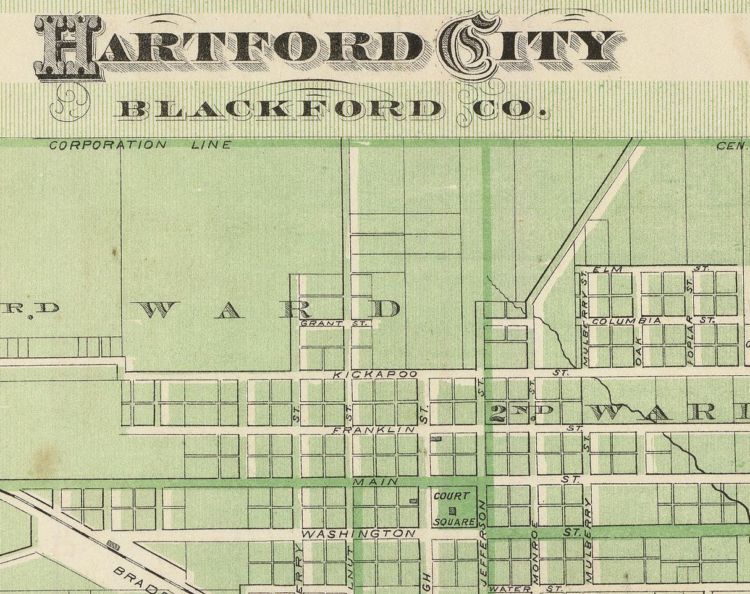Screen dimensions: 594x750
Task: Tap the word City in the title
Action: coord(531,46)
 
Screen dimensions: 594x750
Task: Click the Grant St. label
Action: coord(334,323)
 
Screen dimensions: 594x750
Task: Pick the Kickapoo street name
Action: coord(375,375)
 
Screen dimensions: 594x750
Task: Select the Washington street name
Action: coord(358,533)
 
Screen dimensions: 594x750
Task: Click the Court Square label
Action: coord(453,508)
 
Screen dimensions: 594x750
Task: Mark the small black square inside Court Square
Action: coord(453,510)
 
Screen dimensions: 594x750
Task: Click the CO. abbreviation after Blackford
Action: coord(501,109)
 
